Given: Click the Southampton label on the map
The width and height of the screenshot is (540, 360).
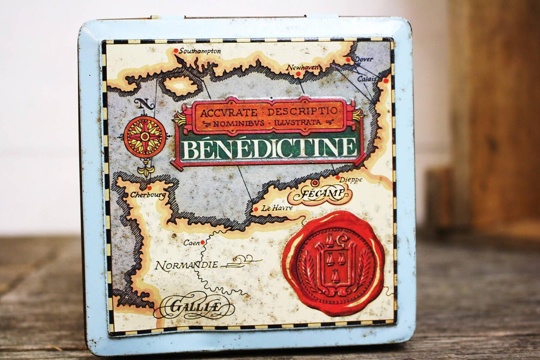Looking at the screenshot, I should pyautogui.click(x=200, y=51).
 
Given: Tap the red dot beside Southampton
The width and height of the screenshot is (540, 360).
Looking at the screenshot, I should pyautogui.click(x=175, y=51).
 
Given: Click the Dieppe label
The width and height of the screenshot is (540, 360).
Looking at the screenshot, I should pyautogui.click(x=351, y=180).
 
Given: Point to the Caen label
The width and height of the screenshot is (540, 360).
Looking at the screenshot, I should pyautogui.click(x=191, y=243).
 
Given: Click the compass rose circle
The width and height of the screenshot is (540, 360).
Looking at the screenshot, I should pyautogui.click(x=144, y=137).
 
